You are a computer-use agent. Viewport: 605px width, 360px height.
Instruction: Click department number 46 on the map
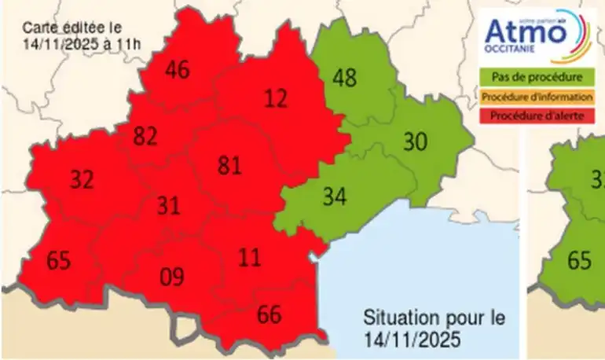pyautogui.click(x=178, y=70)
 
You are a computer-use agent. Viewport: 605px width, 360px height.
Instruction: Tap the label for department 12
pyautogui.click(x=276, y=98)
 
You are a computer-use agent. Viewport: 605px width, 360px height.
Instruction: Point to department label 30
pyautogui.click(x=415, y=142)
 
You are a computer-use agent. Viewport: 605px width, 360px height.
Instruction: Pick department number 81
pyautogui.click(x=229, y=166)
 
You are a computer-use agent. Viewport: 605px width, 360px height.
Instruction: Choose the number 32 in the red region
pyautogui.click(x=82, y=179)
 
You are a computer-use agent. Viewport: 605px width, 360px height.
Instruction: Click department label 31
pyautogui.click(x=168, y=206)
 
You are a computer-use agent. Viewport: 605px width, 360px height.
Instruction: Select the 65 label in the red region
pyautogui.click(x=58, y=260)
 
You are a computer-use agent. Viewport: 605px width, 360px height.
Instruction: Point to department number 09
pyautogui.click(x=171, y=277)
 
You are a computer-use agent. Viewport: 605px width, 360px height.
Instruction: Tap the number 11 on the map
pyautogui.click(x=250, y=257)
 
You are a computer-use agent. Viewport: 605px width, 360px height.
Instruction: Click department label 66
pyautogui.click(x=269, y=315)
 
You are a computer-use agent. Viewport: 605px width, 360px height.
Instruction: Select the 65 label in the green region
pyautogui.click(x=579, y=260)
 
